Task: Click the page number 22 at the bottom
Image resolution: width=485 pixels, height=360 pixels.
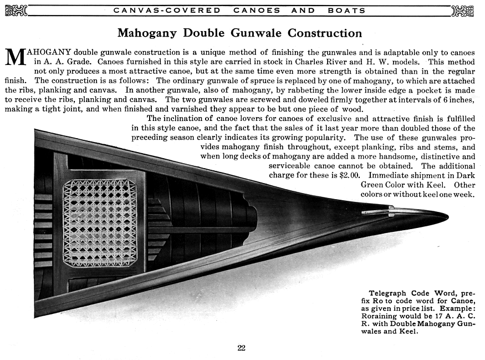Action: click(241, 348)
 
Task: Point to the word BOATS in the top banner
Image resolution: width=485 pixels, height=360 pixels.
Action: click(346, 10)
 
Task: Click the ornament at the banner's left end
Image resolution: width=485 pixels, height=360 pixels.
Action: click(16, 10)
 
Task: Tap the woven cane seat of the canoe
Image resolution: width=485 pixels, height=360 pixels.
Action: click(100, 222)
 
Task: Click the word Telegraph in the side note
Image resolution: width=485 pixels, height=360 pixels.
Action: click(387, 293)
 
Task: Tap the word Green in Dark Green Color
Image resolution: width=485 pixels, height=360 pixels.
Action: click(374, 185)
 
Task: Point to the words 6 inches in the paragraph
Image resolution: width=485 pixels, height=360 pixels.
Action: click(460, 99)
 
